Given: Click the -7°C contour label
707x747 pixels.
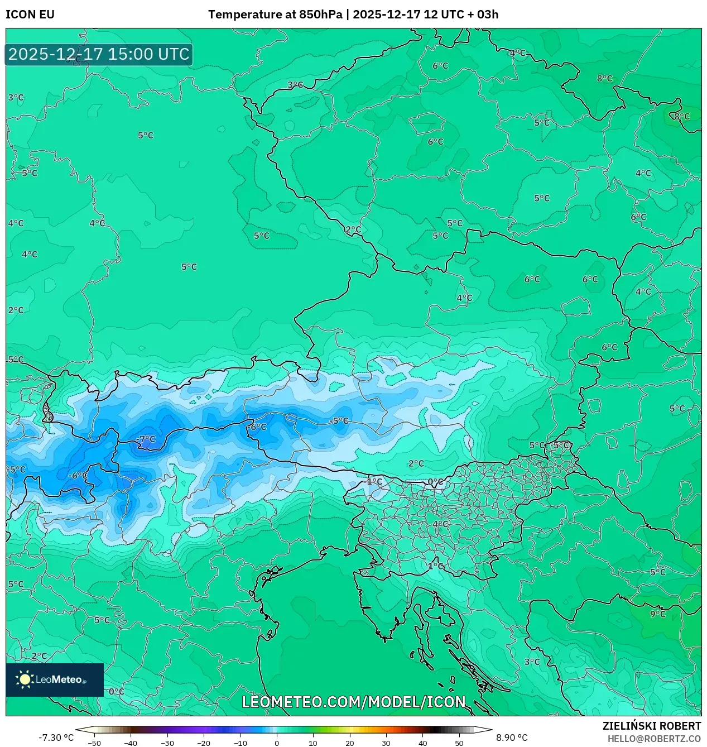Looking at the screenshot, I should tap(146, 439).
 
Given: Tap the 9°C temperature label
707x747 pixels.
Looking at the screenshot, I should tap(658, 614).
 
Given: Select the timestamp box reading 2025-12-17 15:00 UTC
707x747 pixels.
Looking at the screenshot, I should tap(99, 54).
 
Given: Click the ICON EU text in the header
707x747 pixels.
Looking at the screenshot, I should tap(30, 15).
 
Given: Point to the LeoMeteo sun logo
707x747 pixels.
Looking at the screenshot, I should tap(25, 679).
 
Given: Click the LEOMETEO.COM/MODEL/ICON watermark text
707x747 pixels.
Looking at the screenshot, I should tap(353, 702).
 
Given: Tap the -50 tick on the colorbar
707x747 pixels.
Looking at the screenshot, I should tap(94, 743).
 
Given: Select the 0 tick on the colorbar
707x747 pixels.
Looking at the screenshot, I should tap(277, 743).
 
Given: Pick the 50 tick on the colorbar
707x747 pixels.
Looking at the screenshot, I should tap(459, 743).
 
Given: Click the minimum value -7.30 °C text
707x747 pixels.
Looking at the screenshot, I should tap(56, 738).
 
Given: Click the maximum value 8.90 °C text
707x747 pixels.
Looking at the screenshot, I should tap(512, 738).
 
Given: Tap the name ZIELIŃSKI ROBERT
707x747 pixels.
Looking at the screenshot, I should tap(651, 726).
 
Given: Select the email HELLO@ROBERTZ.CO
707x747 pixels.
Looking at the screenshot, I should tap(654, 739).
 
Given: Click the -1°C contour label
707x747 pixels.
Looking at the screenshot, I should tap(374, 481).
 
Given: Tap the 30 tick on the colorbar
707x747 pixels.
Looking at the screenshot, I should tap(386, 743).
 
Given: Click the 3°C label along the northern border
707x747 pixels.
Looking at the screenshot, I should tap(295, 85).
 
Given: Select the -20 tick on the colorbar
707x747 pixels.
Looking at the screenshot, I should tap(204, 743).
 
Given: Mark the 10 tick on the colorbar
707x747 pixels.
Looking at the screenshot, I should tap(313, 743).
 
